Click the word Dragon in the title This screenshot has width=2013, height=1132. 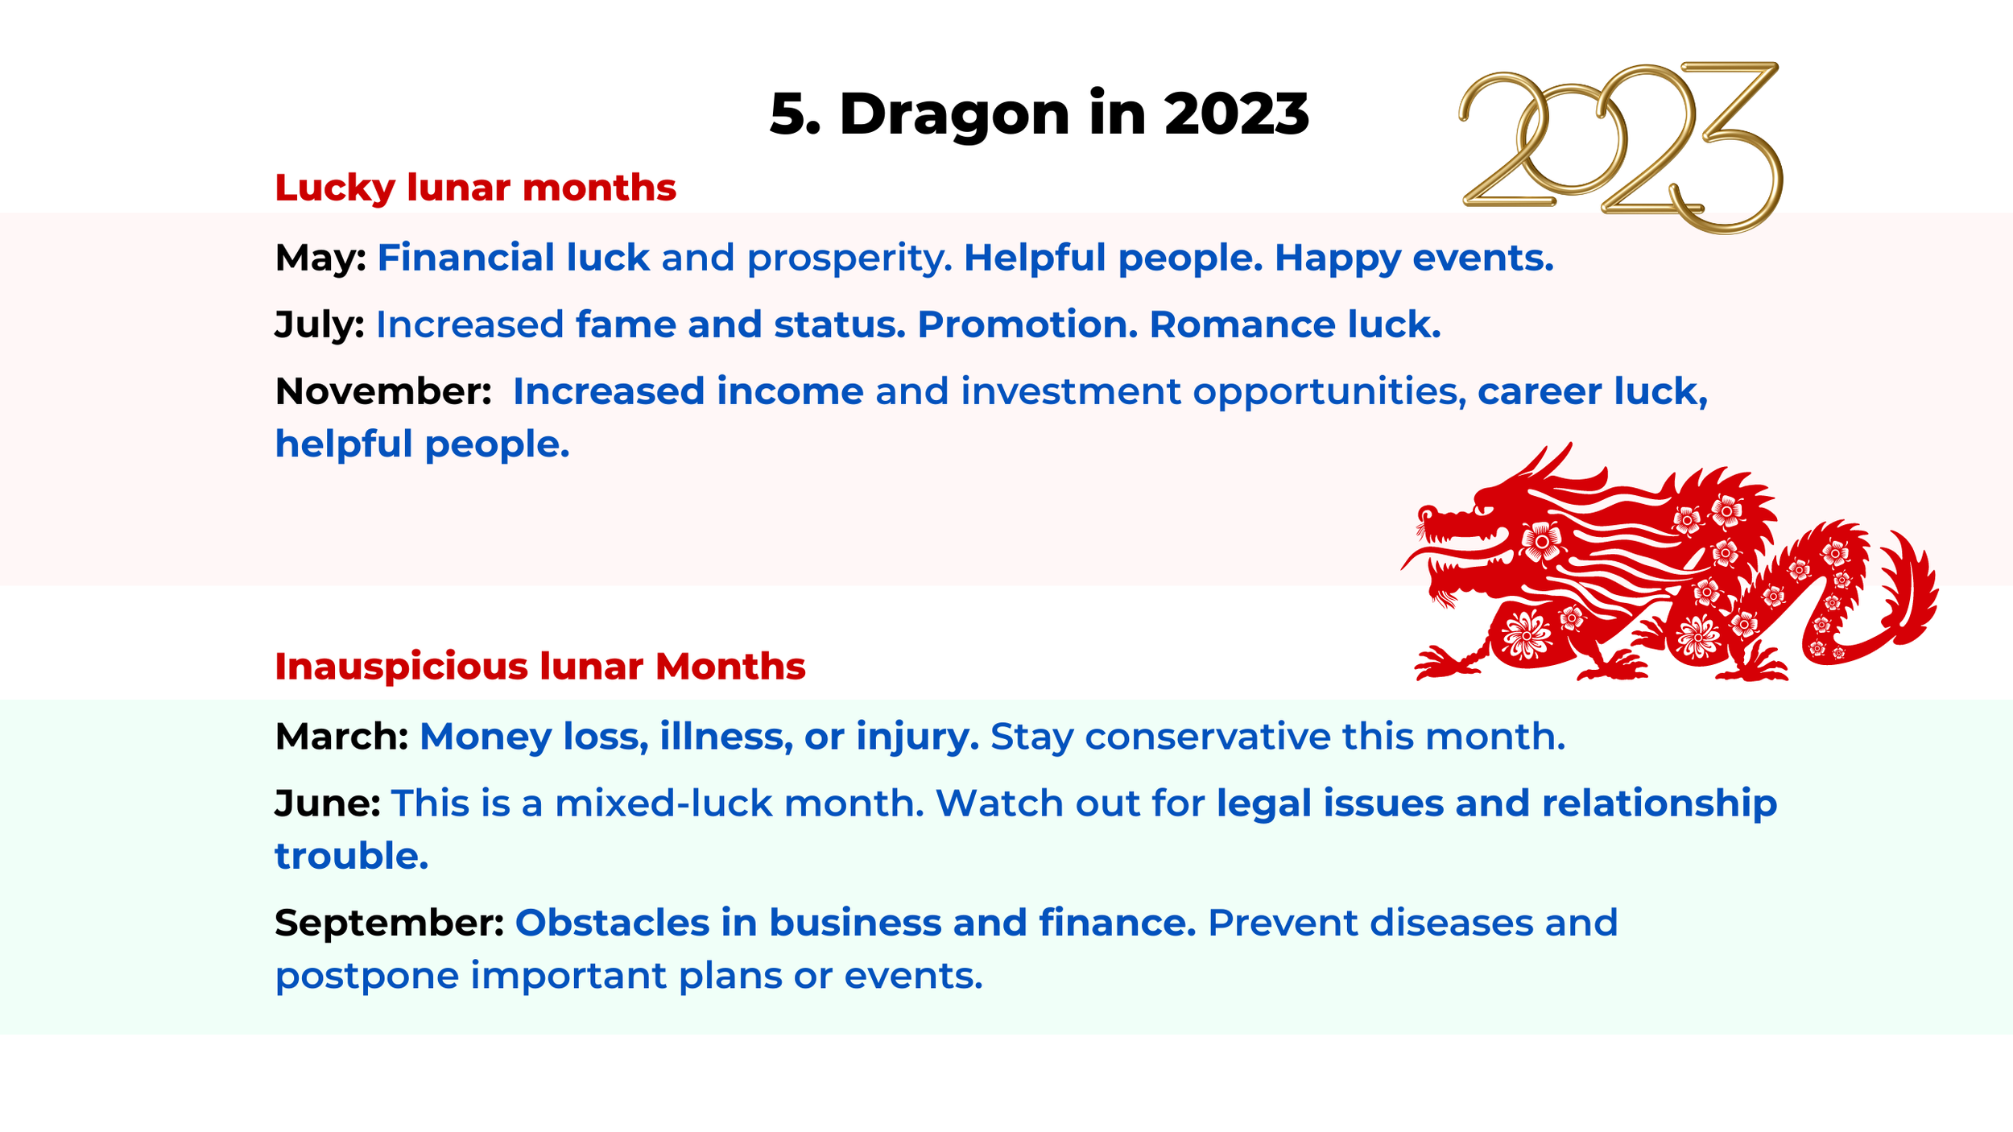[x=954, y=114]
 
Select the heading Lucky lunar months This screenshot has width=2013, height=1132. [x=475, y=188]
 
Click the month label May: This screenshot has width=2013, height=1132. [x=320, y=258]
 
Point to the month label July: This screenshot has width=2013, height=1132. [x=319, y=324]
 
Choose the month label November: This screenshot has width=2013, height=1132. [x=383, y=391]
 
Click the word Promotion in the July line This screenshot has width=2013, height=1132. [x=1027, y=324]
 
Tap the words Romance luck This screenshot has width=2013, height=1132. [x=1294, y=324]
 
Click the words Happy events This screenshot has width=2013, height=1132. [x=1413, y=258]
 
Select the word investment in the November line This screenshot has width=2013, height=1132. [x=1070, y=391]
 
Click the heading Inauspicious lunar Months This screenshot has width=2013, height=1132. [x=539, y=667]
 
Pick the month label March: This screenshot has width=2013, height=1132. [x=341, y=737]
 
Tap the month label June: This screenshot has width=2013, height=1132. [x=327, y=804]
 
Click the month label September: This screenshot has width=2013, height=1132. [x=389, y=923]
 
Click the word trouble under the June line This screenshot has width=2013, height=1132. [x=351, y=856]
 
